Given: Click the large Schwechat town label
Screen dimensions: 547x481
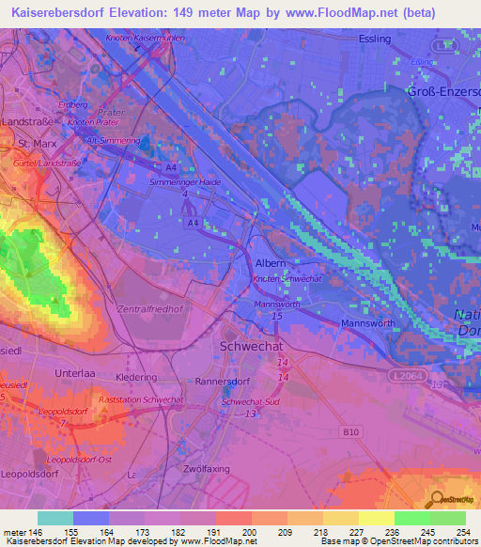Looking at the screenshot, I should (x=251, y=345).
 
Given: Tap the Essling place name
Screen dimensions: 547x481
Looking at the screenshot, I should (x=376, y=39).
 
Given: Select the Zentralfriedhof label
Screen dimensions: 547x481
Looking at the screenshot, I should (x=149, y=308).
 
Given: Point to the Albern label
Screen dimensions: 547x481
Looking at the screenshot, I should (x=272, y=265).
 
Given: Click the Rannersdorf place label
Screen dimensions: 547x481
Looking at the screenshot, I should (x=221, y=381).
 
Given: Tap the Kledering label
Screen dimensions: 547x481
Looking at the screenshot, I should (x=136, y=376).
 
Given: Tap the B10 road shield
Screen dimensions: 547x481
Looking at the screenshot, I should (x=349, y=431).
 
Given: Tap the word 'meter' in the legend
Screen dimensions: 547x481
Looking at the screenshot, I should (x=18, y=531).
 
